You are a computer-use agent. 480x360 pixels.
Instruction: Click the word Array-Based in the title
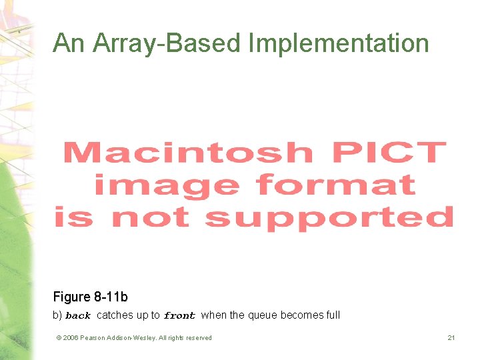(x=167, y=44)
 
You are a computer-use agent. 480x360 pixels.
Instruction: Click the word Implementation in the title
(x=339, y=44)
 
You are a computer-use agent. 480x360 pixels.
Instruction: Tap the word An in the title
(x=69, y=44)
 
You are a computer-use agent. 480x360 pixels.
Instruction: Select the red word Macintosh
(x=188, y=153)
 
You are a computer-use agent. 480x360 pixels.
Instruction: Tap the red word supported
(x=329, y=217)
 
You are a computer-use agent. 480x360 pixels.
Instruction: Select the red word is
(x=73, y=217)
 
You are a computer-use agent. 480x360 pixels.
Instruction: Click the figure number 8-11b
(x=109, y=297)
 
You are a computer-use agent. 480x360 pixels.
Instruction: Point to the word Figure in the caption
(x=71, y=297)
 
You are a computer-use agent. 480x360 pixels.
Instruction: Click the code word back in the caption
(x=78, y=315)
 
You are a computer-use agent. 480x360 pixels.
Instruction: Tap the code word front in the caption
(x=179, y=315)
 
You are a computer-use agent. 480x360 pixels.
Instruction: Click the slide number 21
(x=451, y=338)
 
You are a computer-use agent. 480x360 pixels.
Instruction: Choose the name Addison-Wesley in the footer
(x=133, y=338)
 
